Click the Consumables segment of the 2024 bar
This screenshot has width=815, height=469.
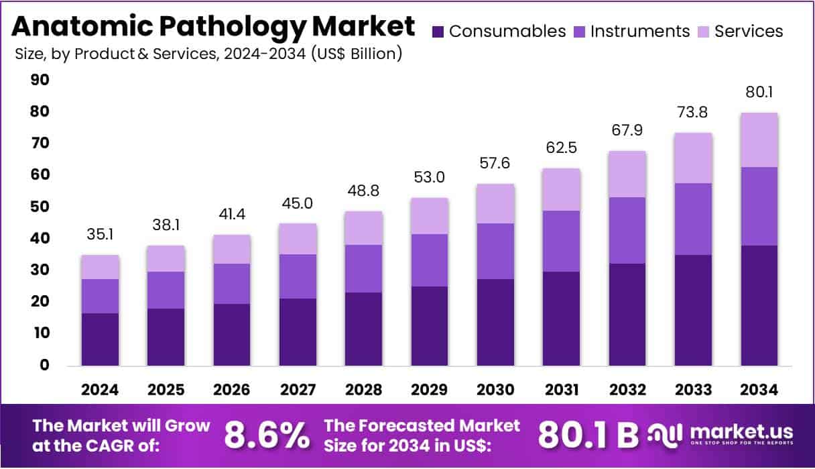[x=101, y=339]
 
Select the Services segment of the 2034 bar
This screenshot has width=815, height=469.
[x=759, y=140]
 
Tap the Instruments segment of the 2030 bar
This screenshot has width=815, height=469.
[x=495, y=251]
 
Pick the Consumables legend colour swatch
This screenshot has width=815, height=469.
[x=438, y=32]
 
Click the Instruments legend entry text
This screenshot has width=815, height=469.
[x=639, y=32]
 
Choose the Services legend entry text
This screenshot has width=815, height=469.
[x=749, y=32]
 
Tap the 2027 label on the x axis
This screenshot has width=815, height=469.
[x=298, y=390]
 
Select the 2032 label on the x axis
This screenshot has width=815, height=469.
[x=627, y=390]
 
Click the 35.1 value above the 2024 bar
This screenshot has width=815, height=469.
[x=101, y=235]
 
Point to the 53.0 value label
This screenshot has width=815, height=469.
[x=430, y=178]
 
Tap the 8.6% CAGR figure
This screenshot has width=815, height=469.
[x=266, y=435]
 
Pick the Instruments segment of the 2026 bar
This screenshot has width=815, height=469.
[x=232, y=284]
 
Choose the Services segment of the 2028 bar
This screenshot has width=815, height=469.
[x=364, y=228]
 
